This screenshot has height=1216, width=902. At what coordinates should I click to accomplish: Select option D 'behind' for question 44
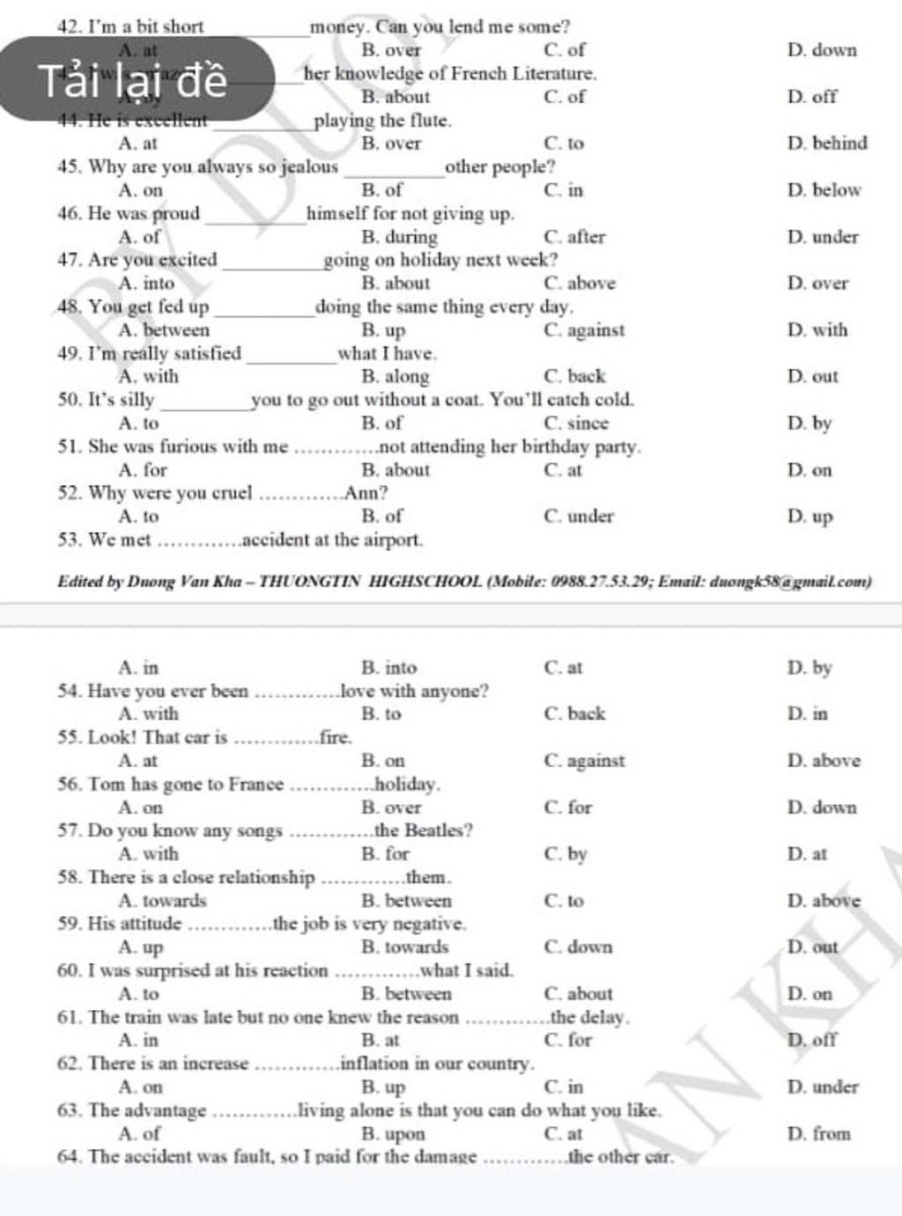[827, 143]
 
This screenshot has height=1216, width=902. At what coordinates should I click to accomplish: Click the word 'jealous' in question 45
[309, 166]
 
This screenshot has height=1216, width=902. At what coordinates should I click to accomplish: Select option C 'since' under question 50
[576, 424]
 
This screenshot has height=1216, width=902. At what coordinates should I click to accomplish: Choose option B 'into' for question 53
[389, 668]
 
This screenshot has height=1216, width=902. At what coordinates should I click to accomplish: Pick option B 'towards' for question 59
[405, 947]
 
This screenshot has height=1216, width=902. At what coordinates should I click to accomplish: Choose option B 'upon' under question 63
[393, 1134]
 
